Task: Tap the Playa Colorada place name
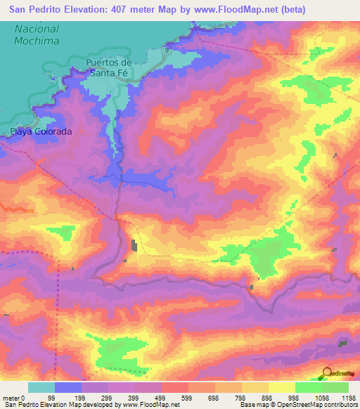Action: pos(41,131)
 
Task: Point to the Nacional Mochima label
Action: pos(37,35)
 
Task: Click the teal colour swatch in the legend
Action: pos(41,387)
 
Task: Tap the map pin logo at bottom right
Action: pos(326,373)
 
